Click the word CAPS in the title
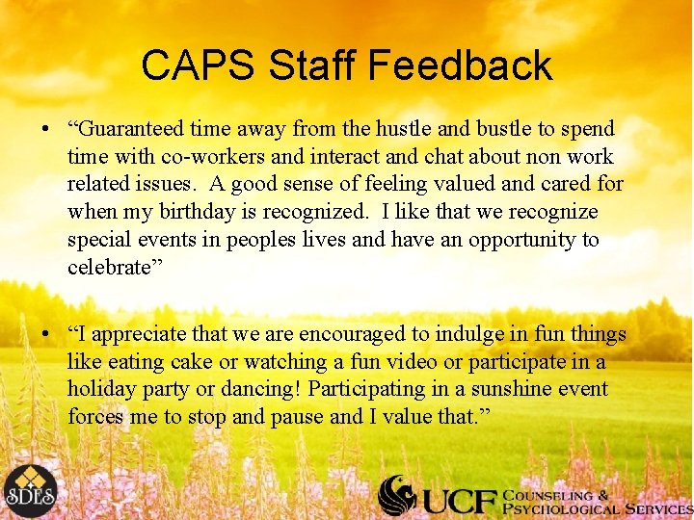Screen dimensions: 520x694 click(198, 65)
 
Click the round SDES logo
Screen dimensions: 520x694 click(30, 491)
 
